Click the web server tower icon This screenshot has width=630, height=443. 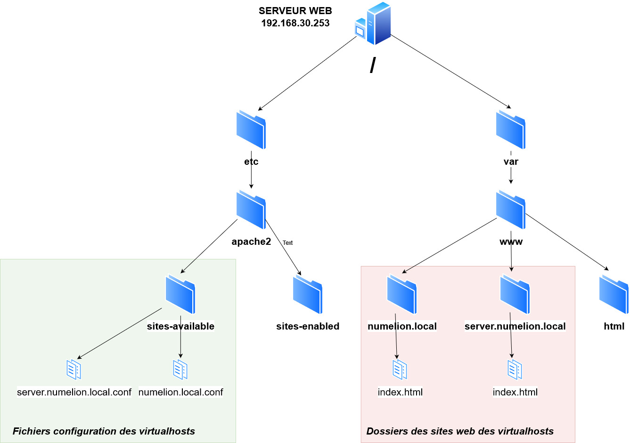(374, 24)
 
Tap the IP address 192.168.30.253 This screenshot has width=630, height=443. (295, 23)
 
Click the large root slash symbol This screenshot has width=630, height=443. (372, 65)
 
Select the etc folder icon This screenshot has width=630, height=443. (251, 129)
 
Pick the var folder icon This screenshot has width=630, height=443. (511, 129)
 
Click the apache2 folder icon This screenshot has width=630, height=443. (251, 209)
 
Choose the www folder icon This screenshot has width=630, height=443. (511, 209)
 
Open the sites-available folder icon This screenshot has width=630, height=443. (180, 294)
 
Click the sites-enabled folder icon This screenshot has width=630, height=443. (308, 294)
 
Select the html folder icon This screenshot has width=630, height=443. (614, 294)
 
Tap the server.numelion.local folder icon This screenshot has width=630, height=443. (515, 294)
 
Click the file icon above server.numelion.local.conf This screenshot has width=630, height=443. (74, 370)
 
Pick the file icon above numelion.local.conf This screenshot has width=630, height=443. (180, 370)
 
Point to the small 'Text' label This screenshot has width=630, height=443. (287, 243)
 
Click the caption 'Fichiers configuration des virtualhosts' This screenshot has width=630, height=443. (104, 431)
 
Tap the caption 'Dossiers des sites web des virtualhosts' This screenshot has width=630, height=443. (460, 431)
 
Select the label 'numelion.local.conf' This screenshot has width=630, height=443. (180, 392)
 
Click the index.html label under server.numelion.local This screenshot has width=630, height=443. (515, 392)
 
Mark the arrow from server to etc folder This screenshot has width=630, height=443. (307, 73)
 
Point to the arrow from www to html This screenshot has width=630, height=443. (567, 242)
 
